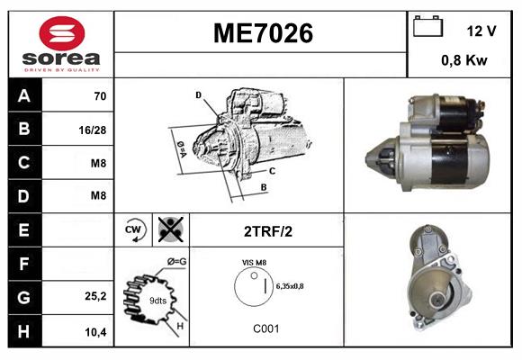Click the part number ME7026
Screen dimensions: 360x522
coord(262,34)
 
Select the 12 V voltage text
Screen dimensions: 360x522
coord(481,31)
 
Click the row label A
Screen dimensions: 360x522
coord(23,95)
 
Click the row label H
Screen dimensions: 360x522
coord(23,330)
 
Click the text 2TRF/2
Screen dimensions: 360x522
coord(266,231)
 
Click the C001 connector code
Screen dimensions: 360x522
coord(265,328)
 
